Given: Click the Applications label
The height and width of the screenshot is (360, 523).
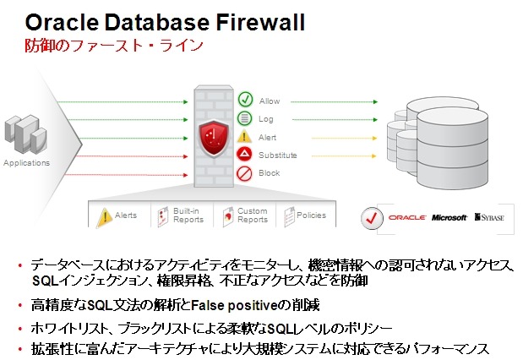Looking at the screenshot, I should pos(26,163).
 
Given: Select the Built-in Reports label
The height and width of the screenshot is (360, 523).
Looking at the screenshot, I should pos(188,215).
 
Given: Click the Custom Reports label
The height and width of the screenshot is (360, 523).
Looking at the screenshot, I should pos(252,215).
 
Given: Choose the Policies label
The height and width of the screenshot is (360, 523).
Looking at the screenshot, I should pos(311,215).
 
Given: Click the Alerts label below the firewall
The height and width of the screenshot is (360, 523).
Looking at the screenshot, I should pos(126,215).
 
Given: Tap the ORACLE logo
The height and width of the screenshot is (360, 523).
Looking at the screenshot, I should pos(406,218).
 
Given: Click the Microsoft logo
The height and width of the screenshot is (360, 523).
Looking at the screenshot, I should pos(449,218).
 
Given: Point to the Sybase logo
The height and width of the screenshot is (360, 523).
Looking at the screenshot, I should pos(490,218).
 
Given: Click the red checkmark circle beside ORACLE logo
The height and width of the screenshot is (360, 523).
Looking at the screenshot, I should pos(373,217).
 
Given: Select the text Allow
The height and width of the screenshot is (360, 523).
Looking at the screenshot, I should pos(269,101).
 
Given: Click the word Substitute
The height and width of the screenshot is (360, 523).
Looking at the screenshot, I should pos(278,155).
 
